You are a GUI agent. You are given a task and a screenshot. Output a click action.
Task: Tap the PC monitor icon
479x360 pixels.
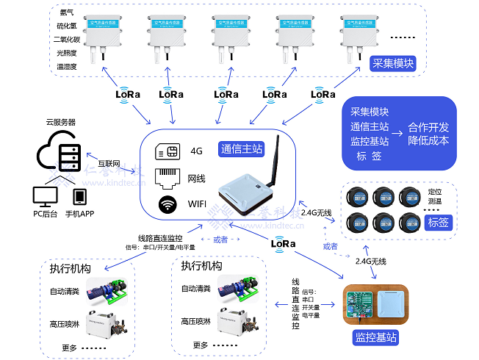(45, 196)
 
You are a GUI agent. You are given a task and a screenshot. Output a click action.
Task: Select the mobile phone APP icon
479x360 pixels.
(79, 197)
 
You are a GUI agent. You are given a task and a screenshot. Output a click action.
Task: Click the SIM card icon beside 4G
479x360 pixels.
(168, 151)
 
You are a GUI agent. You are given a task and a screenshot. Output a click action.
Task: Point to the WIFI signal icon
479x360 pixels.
(167, 204)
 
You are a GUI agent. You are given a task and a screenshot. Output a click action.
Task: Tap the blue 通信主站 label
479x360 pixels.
(242, 148)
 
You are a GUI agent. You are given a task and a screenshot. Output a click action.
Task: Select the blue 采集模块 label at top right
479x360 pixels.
(393, 64)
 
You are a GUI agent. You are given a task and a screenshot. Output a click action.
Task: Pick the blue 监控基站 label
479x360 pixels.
(375, 337)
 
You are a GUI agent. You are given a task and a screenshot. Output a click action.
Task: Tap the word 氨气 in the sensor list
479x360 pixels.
(67, 12)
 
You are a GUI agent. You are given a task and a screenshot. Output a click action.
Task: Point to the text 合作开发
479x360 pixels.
(428, 126)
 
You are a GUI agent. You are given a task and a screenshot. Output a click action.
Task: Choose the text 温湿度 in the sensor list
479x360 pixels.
(67, 66)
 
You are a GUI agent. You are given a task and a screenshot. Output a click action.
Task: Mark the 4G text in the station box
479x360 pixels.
(196, 151)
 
